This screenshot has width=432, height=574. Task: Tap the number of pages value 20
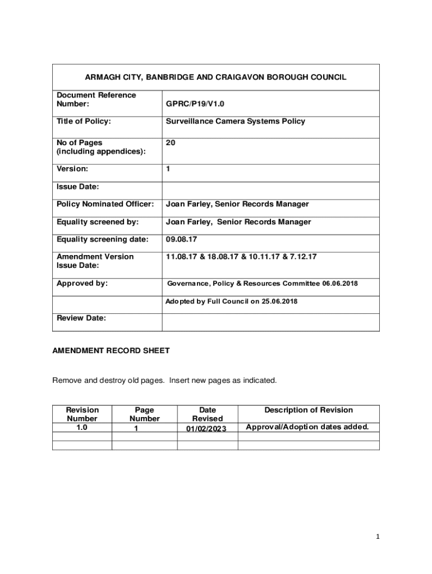[x=170, y=143]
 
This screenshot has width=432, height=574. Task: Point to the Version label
[x=72, y=169]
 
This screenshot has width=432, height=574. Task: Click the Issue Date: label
[x=78, y=187]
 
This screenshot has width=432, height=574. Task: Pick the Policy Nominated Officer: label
[x=105, y=204]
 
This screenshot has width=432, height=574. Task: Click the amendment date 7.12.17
[x=304, y=257]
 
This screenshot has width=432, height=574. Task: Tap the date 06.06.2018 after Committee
[x=339, y=284]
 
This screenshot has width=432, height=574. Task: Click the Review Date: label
[x=81, y=318]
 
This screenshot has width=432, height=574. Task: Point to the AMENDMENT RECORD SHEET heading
[x=111, y=351]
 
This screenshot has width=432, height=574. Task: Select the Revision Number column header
[x=82, y=414]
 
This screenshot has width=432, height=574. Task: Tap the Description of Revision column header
[x=309, y=410]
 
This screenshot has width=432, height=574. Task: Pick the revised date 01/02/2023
[x=208, y=429]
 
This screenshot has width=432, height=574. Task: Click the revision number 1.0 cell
[x=82, y=427]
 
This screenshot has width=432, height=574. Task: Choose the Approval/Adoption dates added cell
[x=307, y=427]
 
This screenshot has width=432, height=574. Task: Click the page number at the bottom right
[x=378, y=536]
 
